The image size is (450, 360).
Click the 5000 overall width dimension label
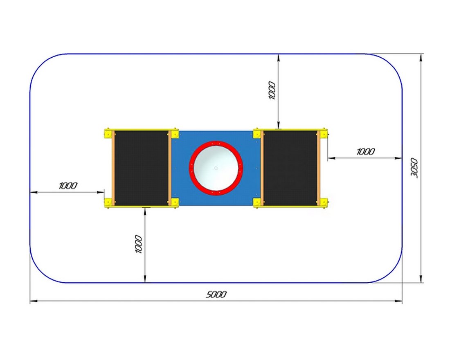point(216,294)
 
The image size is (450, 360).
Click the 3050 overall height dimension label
point(414,168)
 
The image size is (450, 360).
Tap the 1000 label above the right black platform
point(272,90)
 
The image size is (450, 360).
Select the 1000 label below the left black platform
point(138,244)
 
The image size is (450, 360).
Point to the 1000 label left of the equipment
point(68,186)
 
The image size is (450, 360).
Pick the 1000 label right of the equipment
point(366,152)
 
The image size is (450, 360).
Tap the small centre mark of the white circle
point(216,168)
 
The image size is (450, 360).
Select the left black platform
point(142,168)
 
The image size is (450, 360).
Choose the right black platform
point(290,168)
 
